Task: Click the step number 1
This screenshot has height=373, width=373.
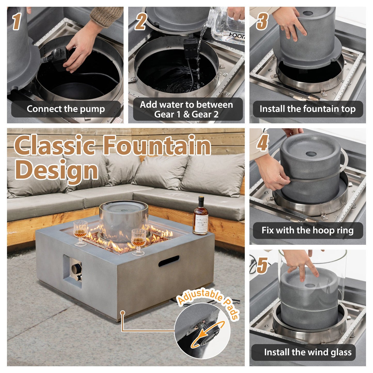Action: (17, 21)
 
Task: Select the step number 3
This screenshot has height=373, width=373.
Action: (261, 21)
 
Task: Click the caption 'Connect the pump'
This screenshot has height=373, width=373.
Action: (66, 109)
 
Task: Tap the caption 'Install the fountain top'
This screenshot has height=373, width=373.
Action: (307, 109)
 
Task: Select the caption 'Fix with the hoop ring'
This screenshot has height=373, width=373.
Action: (307, 230)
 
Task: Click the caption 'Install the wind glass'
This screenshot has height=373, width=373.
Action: (307, 352)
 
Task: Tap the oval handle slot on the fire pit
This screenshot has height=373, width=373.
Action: (169, 261)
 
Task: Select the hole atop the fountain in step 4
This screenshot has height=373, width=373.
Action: (311, 154)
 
